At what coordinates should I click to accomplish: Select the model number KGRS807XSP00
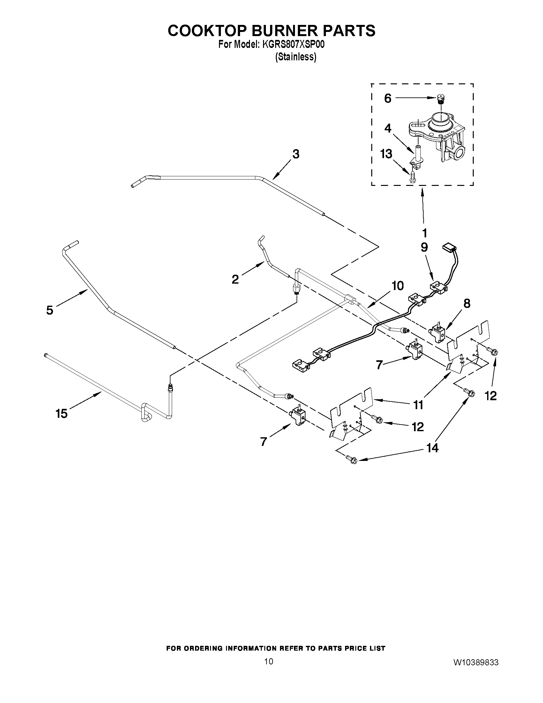tap(293, 45)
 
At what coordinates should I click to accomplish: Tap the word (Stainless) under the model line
tap(296, 57)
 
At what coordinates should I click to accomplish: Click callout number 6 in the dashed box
tap(388, 98)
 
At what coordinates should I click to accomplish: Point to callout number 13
tap(386, 154)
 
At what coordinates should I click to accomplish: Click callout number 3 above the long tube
tap(296, 154)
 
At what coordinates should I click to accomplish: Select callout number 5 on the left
tap(49, 310)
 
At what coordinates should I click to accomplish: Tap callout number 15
tap(61, 413)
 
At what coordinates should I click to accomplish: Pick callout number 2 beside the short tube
tap(235, 279)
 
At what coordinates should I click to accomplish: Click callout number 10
tap(398, 286)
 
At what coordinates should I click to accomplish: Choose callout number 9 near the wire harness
tap(424, 247)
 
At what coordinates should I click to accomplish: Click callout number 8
tap(467, 303)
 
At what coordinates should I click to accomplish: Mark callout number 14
tap(432, 447)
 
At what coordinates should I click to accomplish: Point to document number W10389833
tap(476, 662)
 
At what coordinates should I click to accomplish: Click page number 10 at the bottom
tap(269, 661)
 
